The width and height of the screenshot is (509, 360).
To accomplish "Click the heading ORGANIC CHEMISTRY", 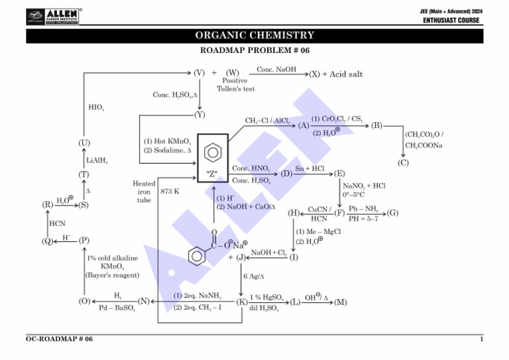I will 254,35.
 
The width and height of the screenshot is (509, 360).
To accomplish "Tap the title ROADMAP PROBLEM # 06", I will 254,50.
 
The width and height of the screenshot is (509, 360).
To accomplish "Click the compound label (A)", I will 304,125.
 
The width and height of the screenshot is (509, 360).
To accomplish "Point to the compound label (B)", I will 377,125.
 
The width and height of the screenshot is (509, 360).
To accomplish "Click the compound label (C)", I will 403,162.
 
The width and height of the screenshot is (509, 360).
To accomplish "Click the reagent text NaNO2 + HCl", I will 364,186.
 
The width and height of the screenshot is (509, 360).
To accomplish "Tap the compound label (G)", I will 393,213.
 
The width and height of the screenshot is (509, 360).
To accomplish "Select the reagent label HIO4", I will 96,107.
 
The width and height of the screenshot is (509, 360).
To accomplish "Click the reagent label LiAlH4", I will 97,160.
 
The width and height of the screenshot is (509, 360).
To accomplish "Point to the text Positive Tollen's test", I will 235,85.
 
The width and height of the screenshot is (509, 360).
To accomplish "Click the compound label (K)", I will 242,302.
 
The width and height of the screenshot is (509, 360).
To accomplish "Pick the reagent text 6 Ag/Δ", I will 254,276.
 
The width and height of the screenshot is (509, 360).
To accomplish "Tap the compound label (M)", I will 341,302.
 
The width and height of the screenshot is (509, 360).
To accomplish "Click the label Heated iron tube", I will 144,192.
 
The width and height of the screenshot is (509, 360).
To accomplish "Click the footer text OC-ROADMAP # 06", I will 59,339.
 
